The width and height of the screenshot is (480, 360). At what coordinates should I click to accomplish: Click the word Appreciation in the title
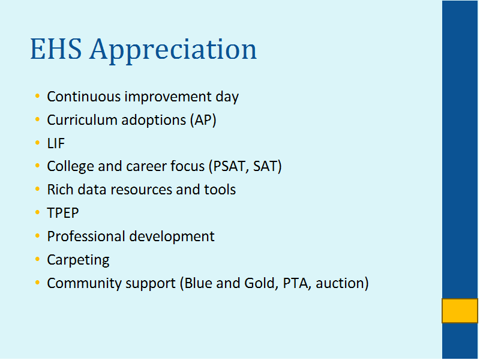173,50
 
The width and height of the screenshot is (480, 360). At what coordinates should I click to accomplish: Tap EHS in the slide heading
56,49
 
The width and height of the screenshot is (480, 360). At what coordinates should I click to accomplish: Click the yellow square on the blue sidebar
460,311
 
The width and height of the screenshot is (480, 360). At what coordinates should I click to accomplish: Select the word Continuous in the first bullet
84,97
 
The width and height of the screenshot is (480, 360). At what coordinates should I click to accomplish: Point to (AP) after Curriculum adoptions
203,120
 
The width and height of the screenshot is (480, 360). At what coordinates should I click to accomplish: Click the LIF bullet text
56,143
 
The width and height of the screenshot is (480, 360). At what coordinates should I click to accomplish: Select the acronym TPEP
63,213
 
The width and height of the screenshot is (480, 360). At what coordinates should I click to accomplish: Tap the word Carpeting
79,260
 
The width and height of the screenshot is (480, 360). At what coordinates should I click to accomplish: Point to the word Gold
261,283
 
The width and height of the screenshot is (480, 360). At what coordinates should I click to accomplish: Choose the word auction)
342,283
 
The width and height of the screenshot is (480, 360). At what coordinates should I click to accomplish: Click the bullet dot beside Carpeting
38,259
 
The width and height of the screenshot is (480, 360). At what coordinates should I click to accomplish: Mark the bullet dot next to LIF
38,143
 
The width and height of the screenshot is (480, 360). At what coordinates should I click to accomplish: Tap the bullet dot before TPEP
38,212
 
